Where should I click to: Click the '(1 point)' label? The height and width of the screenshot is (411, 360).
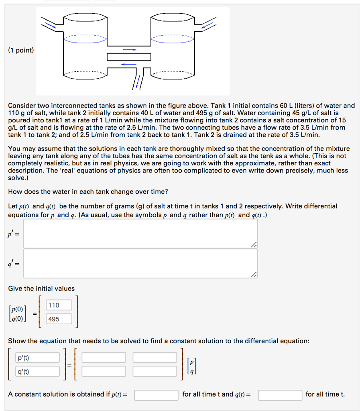tap(21, 50)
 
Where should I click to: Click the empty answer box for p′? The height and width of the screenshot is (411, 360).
tap(140, 234)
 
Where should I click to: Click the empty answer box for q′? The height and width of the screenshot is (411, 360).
tap(140, 263)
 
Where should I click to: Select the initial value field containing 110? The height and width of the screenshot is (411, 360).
tap(59, 305)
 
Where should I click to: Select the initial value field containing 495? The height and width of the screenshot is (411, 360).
tap(59, 319)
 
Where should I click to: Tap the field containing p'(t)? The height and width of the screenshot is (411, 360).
tap(37, 358)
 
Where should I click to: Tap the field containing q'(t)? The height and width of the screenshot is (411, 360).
tap(37, 371)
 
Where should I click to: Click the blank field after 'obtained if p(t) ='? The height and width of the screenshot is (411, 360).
tap(156, 395)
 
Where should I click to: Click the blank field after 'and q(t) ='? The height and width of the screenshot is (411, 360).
tap(280, 395)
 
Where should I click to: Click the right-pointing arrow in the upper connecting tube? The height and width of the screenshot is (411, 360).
tap(129, 50)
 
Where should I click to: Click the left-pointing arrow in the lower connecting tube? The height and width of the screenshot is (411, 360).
tap(129, 64)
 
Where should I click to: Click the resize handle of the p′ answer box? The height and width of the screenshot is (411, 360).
tap(254, 245)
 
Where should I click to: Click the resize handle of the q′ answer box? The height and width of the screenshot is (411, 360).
tap(254, 275)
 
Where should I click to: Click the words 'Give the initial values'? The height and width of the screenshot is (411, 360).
tap(41, 289)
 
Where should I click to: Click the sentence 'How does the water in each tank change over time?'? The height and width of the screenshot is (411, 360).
tap(88, 191)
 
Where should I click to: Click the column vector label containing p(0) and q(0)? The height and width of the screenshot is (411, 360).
tap(18, 313)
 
